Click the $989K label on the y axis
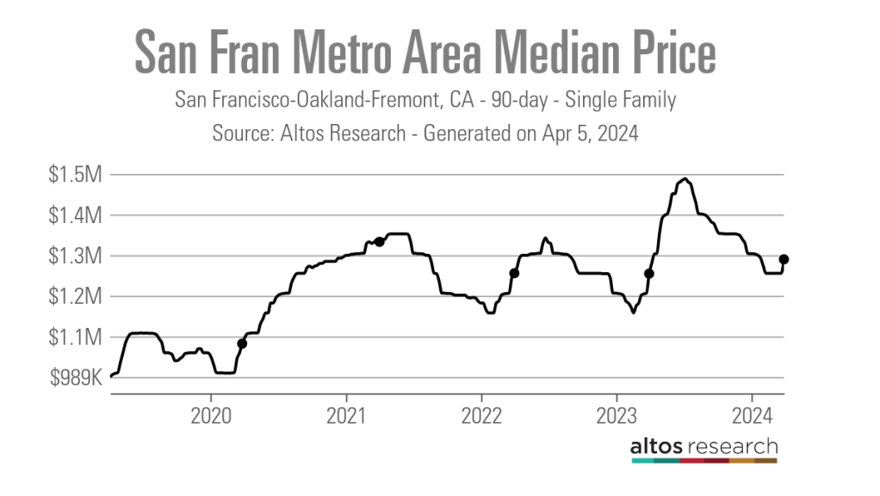[x=76, y=377]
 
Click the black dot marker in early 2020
[x=242, y=344]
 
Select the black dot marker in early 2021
[x=379, y=242]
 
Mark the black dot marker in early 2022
[x=514, y=273]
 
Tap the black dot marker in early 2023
[x=649, y=274]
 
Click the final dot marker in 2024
[x=784, y=259]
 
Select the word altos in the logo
[x=660, y=446]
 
